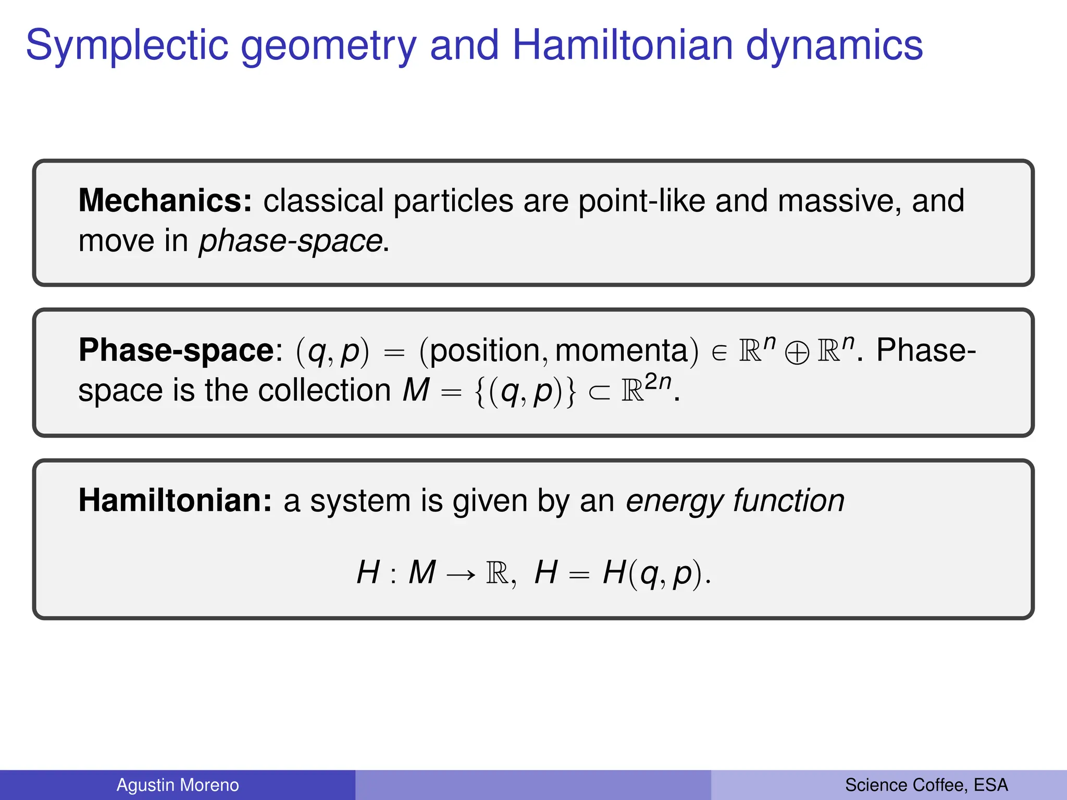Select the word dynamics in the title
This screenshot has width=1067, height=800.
click(834, 46)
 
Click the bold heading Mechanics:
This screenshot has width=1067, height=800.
click(165, 201)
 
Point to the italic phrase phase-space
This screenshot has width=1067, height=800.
click(291, 241)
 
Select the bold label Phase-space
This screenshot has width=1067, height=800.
click(176, 350)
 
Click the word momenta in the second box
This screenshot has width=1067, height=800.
click(622, 351)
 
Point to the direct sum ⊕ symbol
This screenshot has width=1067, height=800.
click(797, 354)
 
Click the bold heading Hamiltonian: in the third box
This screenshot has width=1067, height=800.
click(175, 501)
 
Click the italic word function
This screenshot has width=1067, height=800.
click(789, 501)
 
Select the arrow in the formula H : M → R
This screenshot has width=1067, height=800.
click(461, 574)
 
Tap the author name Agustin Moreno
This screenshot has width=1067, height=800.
click(178, 785)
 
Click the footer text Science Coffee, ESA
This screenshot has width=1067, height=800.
click(926, 785)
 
